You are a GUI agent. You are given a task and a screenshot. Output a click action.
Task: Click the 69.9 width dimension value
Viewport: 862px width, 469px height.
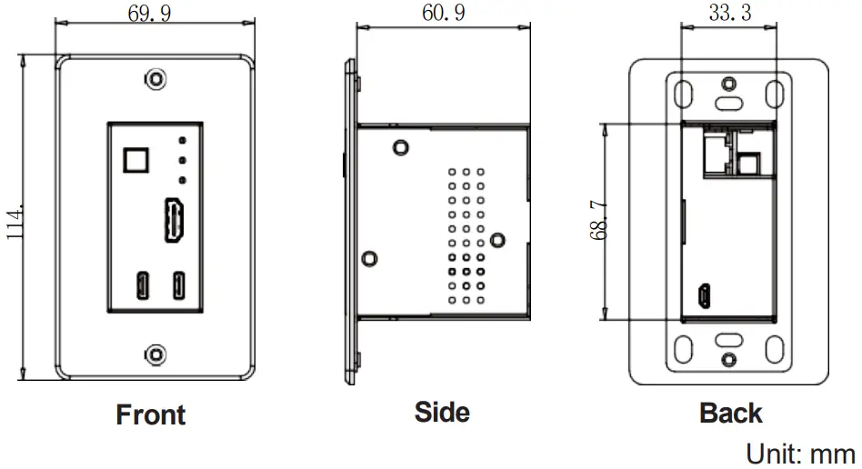(x=151, y=14)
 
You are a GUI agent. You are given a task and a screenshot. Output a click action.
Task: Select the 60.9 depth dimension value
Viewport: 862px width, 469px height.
(x=444, y=14)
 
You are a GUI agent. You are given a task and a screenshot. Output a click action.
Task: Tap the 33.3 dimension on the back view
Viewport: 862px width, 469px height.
(x=729, y=14)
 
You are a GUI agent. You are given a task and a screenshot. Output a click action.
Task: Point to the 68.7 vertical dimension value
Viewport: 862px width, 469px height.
(x=597, y=221)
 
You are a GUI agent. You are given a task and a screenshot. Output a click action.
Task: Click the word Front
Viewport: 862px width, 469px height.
(x=151, y=415)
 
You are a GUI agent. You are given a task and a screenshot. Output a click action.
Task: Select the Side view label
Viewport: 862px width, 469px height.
(x=442, y=413)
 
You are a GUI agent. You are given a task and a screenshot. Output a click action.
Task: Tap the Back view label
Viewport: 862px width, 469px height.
(x=730, y=414)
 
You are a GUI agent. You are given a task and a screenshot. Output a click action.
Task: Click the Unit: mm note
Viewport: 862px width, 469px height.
(x=800, y=453)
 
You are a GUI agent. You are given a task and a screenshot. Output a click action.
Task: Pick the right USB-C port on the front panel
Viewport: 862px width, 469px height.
(x=180, y=285)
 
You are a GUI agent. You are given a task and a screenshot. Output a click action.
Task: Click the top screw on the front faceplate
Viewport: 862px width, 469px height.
(x=157, y=80)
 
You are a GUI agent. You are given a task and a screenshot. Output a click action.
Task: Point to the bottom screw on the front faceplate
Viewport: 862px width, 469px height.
(x=157, y=353)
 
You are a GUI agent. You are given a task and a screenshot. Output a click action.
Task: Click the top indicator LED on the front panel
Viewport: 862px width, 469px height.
(x=182, y=141)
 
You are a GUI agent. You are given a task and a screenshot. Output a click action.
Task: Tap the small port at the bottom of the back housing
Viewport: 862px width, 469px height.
(x=705, y=295)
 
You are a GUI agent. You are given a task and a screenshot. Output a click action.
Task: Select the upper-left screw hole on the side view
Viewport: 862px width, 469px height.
(x=398, y=145)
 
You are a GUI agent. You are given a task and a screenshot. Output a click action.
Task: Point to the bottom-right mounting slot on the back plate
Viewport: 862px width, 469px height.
(x=774, y=348)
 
